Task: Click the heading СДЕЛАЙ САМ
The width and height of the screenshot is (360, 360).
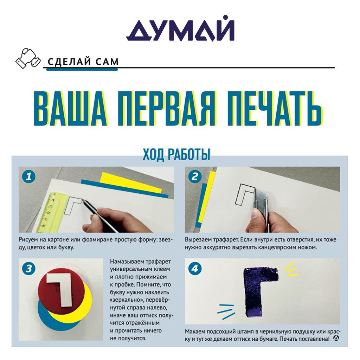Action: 83,62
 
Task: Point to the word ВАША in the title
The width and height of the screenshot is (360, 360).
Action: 70,108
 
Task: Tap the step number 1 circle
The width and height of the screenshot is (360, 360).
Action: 29,176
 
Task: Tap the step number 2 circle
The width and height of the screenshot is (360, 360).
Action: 195,176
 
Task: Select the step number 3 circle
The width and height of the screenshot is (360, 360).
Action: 29,268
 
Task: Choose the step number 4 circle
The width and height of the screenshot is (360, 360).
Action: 195,268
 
